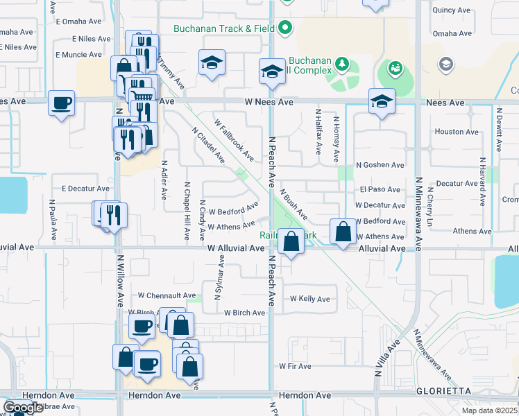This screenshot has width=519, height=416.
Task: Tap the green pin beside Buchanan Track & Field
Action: click(285, 29)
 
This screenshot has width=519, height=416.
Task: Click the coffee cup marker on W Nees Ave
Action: click(62, 103)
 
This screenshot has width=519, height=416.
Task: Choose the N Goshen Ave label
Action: click(380, 165)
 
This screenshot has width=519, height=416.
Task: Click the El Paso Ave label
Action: click(380, 189)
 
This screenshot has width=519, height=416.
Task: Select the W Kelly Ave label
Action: click(309, 298)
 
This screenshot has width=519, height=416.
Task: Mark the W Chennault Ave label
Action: click(167, 295)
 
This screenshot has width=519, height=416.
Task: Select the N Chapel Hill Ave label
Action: click(187, 212)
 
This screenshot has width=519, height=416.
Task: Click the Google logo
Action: click(23, 408)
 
